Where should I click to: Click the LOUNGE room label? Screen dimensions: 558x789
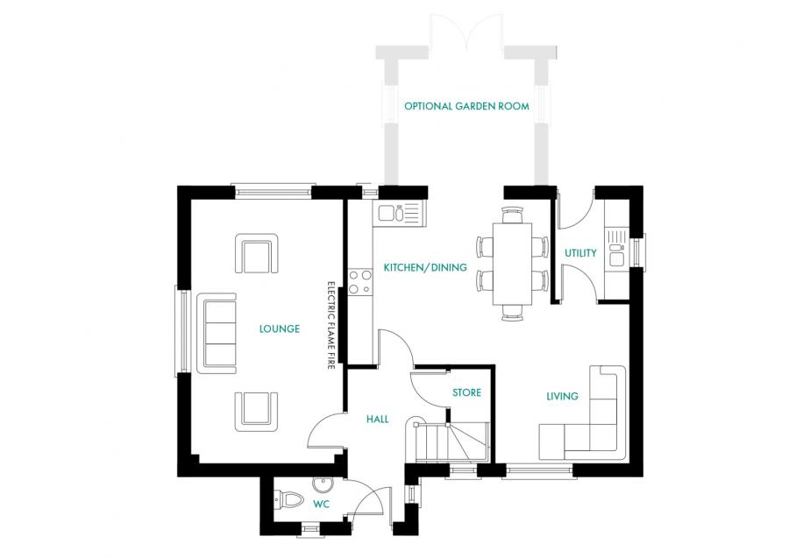[x=279, y=329]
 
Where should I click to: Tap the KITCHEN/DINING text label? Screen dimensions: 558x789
[x=425, y=267]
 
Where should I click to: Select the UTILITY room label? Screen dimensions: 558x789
[x=580, y=253]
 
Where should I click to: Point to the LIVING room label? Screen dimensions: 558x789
[x=562, y=396]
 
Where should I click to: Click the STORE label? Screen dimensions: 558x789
[x=466, y=392]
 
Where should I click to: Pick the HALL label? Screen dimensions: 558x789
[x=377, y=420]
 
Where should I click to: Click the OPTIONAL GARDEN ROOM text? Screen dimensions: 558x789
[x=466, y=107]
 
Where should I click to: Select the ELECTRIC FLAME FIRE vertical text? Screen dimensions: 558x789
[x=331, y=326]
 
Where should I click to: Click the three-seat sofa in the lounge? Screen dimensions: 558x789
[x=219, y=332]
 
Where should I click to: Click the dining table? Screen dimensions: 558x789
[x=513, y=263]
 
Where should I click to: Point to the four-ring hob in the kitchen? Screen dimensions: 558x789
[x=359, y=280]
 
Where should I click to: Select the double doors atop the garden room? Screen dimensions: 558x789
[x=468, y=32]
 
